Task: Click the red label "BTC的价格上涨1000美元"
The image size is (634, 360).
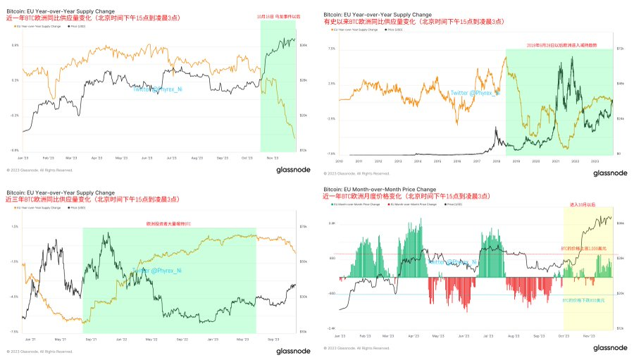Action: click(583, 249)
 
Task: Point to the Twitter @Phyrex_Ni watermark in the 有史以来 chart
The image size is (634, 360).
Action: click(476, 92)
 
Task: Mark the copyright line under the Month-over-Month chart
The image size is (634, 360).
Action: click(356, 347)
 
